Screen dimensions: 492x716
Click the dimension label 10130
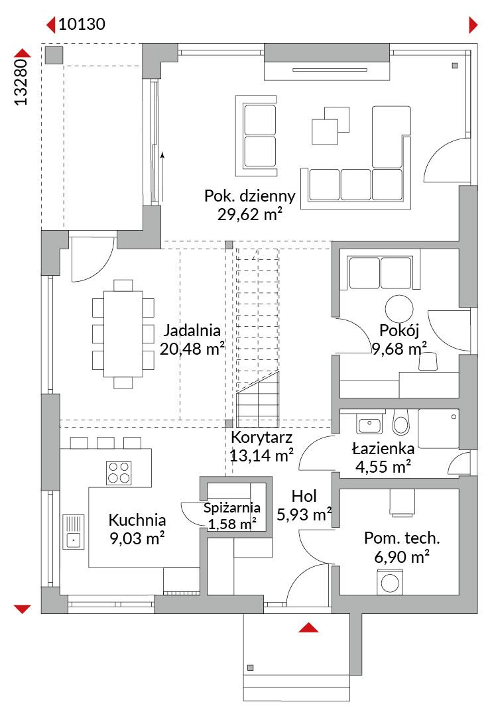[82, 24]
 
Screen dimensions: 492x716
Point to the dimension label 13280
[21, 82]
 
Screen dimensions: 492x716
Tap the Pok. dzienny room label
[249, 196]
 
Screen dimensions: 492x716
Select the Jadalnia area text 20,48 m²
[192, 349]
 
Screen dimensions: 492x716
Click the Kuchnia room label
[137, 520]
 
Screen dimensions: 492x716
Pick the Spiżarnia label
[232, 508]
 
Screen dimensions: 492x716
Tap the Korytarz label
[261, 437]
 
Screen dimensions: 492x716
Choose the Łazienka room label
[383, 448]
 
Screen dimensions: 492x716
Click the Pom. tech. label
[402, 538]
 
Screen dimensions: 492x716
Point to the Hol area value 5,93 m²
[304, 514]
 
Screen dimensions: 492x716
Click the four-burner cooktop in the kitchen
[119, 473]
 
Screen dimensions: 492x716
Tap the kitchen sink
[74, 532]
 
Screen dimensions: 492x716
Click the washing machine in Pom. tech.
[390, 582]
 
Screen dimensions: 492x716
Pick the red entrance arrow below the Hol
[308, 628]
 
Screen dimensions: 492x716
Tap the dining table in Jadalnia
[123, 333]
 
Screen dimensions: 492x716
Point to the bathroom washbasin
[369, 426]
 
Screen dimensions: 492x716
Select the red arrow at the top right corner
[473, 25]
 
